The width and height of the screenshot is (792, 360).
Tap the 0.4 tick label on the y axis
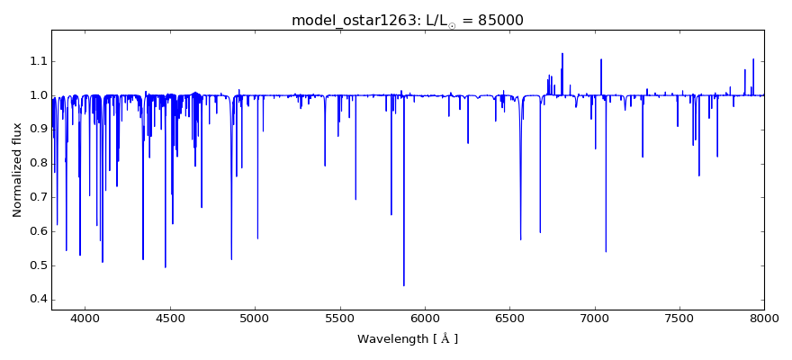pos(36,300)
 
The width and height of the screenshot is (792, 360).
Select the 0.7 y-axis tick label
pos(36,197)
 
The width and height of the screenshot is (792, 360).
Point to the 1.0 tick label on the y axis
pos(36,95)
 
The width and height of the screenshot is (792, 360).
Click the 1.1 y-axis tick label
pos(36,61)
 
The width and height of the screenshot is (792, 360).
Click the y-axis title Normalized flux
pos(17,170)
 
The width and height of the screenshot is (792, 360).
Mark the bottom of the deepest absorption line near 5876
pos(404,285)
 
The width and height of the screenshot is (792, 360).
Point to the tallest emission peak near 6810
pos(562,54)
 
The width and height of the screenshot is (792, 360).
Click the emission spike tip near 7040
pos(601,60)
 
